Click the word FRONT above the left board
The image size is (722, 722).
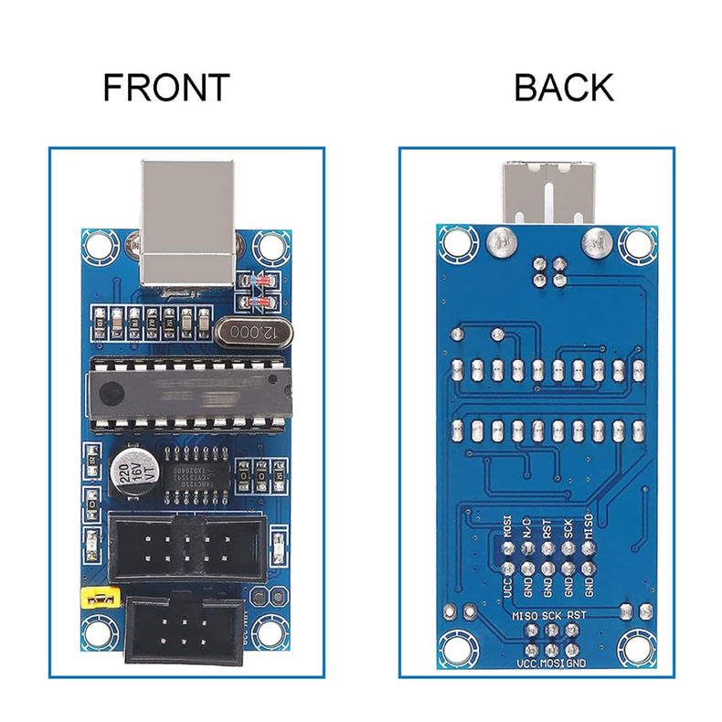tap(165, 87)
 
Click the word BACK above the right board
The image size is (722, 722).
tap(563, 87)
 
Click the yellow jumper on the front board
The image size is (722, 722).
tap(99, 599)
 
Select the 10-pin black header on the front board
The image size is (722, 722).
tap(187, 547)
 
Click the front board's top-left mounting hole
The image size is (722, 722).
tap(96, 246)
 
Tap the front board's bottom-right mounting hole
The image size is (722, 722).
tap(271, 632)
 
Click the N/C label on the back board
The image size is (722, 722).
tap(526, 527)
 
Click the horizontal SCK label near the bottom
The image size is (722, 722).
tap(551, 616)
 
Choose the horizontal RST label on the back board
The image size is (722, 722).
tap(577, 616)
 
